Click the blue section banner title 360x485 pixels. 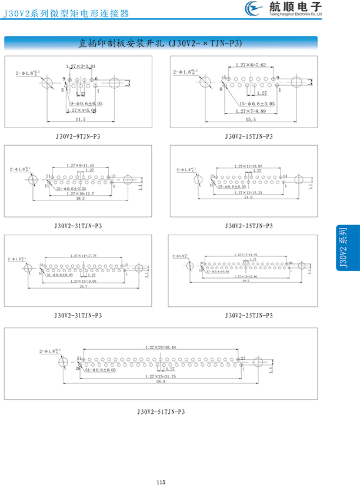coord(160,43)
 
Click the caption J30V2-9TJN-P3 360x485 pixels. coord(78,136)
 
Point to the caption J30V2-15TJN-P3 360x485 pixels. coord(249,136)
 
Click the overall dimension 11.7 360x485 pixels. coord(81,120)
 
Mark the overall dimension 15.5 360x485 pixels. coord(251,120)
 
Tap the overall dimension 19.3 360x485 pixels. coord(81,199)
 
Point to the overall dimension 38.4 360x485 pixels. coord(160,382)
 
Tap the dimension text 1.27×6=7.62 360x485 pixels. coord(251,65)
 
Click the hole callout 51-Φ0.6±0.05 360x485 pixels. coord(100,370)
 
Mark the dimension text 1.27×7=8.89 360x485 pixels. coord(251,111)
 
